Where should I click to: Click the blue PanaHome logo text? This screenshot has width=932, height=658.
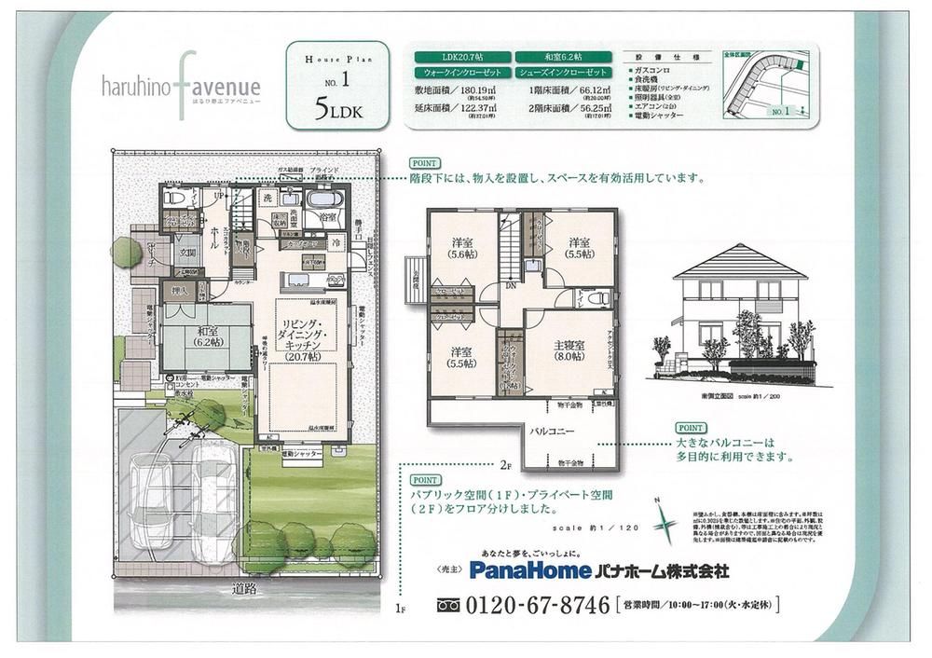click(x=530, y=569)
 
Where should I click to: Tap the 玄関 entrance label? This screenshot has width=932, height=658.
click(x=187, y=252)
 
